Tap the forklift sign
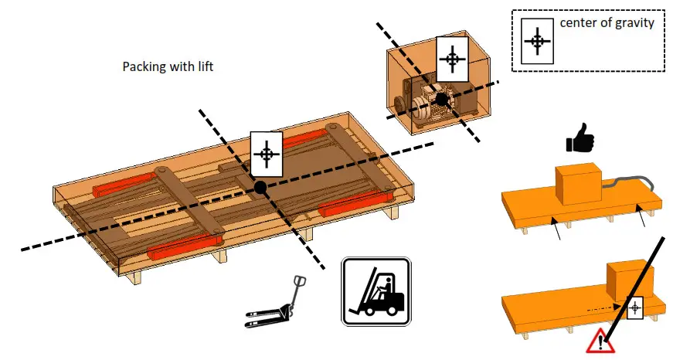click(x=376, y=290)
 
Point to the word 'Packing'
click(x=144, y=67)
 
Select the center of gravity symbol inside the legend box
click(x=536, y=40)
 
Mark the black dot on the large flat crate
click(x=260, y=187)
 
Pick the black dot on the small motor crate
click(x=441, y=99)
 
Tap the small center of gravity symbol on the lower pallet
click(x=635, y=308)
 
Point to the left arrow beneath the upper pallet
click(x=556, y=229)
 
